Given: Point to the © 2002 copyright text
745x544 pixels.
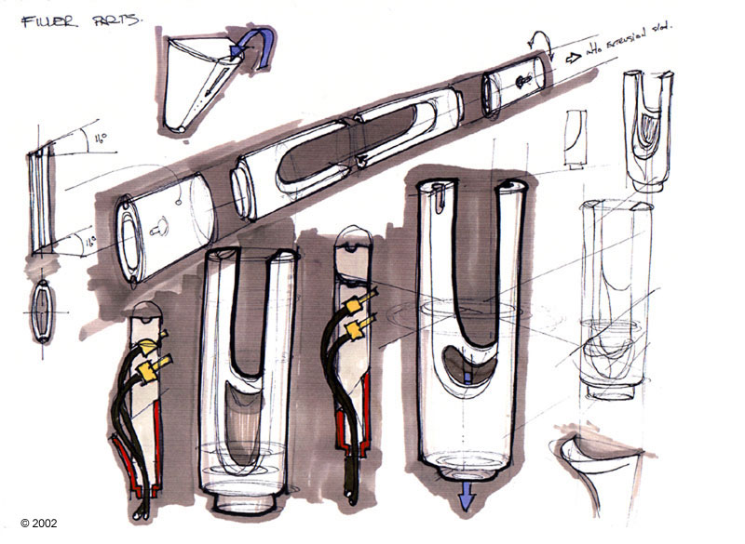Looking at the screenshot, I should [38, 523].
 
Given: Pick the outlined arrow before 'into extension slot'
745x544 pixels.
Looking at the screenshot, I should [570, 55].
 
